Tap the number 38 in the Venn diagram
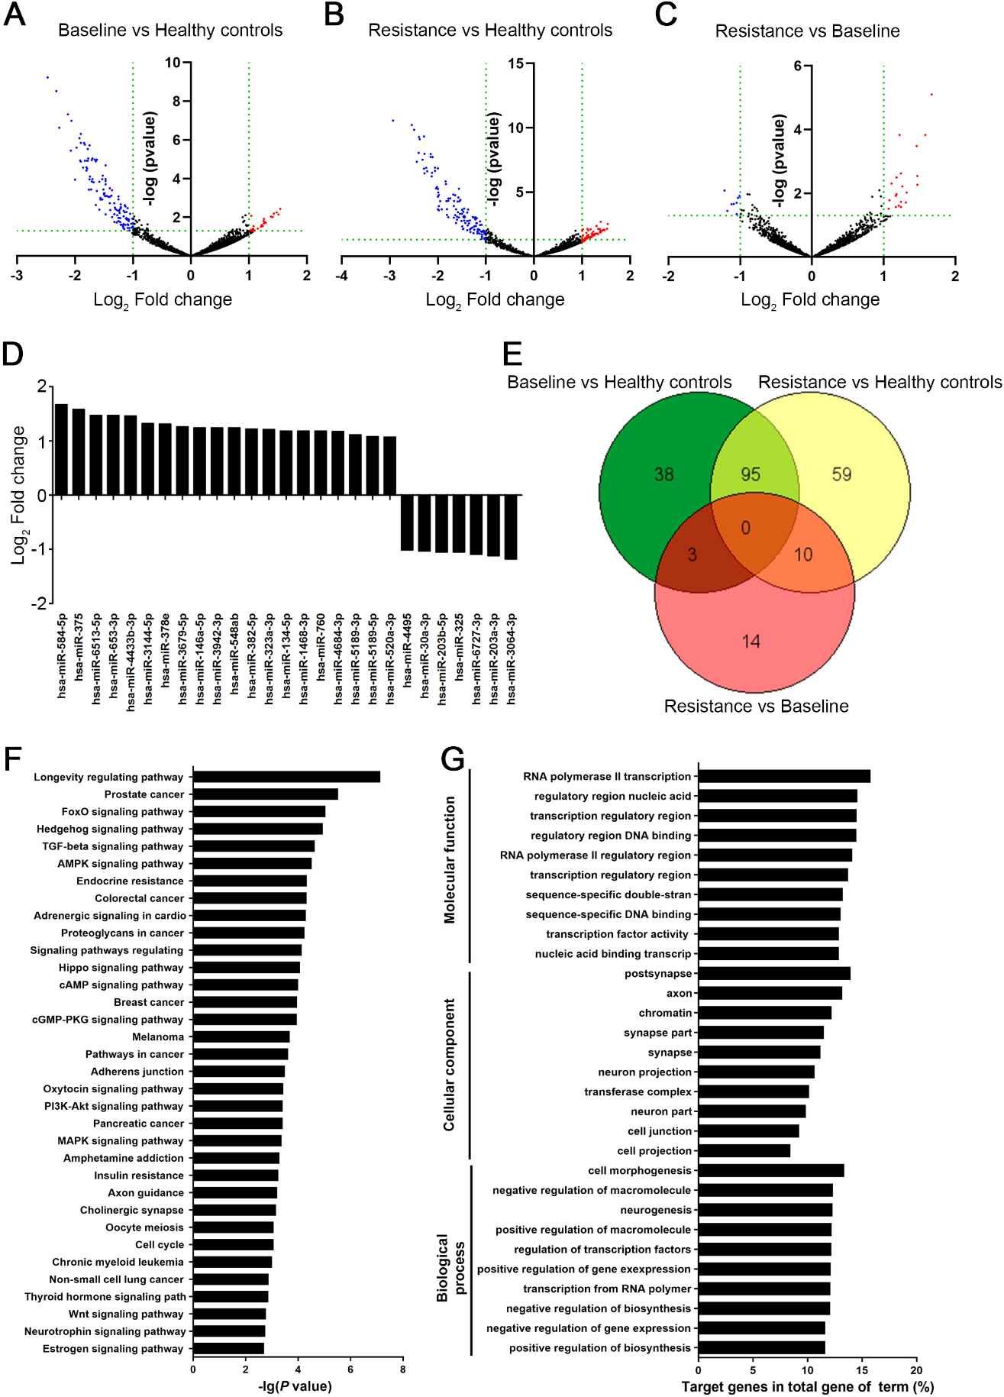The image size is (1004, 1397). click(x=663, y=474)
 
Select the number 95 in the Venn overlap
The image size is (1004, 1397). click(x=751, y=474)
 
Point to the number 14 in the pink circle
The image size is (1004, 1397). click(x=751, y=641)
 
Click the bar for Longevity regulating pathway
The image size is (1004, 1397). click(x=286, y=777)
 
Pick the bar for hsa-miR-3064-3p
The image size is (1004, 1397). click(x=511, y=527)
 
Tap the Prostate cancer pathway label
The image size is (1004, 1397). click(x=144, y=794)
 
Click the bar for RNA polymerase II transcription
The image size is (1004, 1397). click(x=785, y=776)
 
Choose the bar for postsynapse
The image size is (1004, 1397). click(x=774, y=973)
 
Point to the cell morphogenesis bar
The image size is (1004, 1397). click(x=771, y=1170)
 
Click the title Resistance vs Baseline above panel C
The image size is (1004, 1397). click(x=807, y=31)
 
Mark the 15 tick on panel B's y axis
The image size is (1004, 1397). click(x=516, y=63)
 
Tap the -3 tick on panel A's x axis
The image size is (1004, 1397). click(x=17, y=276)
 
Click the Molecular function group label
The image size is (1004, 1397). click(x=450, y=860)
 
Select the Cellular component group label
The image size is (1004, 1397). click(x=450, y=1065)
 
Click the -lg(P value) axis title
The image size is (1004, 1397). click(x=295, y=1386)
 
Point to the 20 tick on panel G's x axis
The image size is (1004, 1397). click(x=916, y=1370)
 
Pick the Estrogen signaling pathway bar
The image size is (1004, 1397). click(x=228, y=1349)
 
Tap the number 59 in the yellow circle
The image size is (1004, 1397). click(x=841, y=474)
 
